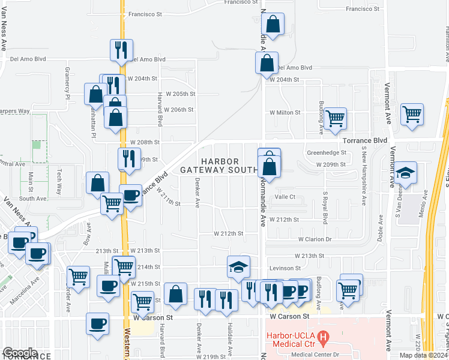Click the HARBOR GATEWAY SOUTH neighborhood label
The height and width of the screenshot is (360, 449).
[x=220, y=166]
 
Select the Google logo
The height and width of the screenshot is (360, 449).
[x=20, y=353]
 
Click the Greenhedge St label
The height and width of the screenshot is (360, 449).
[x=327, y=152]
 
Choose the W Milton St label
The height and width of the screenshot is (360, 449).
[x=285, y=112]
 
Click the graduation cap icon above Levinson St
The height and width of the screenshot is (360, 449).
[x=238, y=266]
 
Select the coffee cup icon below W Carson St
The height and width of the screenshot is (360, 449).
[x=97, y=325]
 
